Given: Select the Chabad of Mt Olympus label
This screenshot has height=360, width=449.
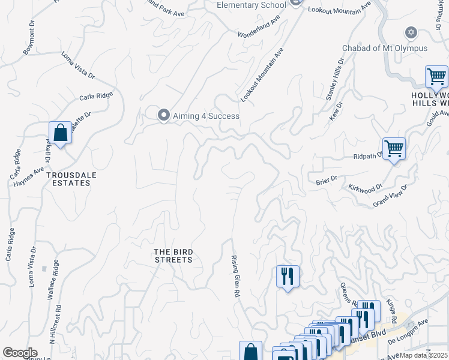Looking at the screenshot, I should [385, 48].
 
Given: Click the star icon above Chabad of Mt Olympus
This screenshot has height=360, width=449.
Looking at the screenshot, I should [411, 32].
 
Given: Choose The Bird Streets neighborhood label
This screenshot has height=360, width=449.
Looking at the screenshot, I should [173, 256].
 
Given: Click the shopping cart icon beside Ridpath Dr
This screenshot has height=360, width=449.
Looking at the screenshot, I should [394, 148].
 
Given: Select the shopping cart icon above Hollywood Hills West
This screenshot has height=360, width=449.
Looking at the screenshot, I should [436, 76].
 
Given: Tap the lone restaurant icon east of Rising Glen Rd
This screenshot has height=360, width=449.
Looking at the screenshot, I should [288, 276].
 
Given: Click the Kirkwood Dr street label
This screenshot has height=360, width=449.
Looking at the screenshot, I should [365, 187].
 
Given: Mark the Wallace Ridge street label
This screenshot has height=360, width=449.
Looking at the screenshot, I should [56, 280].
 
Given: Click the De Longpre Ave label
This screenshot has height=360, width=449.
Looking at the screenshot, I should [408, 331].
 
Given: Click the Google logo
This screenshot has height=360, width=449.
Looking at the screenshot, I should [20, 353].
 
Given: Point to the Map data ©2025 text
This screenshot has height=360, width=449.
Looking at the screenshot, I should [424, 355].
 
